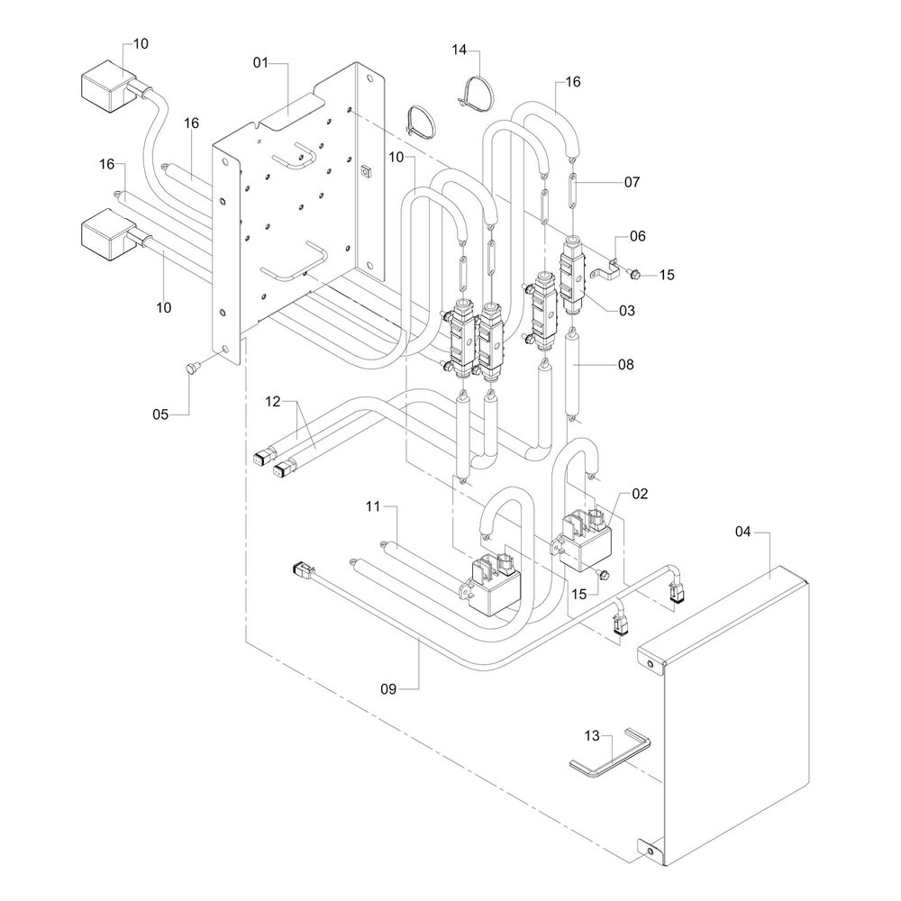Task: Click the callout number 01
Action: coord(261,62)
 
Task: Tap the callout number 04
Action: coord(742,532)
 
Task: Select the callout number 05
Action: coord(161,414)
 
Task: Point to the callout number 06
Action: coord(638,235)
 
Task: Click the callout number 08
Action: coord(626,365)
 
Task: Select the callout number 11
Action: coord(375,507)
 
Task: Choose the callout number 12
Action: coord(273,399)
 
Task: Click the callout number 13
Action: coord(591,735)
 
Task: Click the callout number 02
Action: coord(640,494)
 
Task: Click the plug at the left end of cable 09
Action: coord(300,569)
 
